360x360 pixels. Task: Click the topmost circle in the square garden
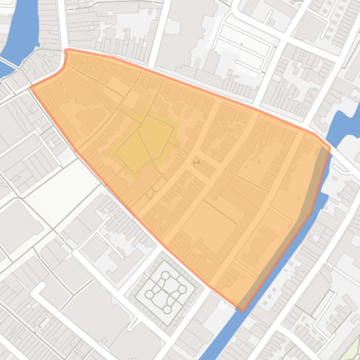pyautogui.click(x=166, y=275)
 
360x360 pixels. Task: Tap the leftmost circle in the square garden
pyautogui.click(x=149, y=294)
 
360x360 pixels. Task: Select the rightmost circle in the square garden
pyautogui.click(x=182, y=289)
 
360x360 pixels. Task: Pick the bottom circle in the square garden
pyautogui.click(x=167, y=309)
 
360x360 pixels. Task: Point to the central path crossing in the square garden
pyautogui.click(x=166, y=292)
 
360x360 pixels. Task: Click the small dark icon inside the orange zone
pyautogui.click(x=196, y=162)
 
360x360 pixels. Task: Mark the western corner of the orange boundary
pyautogui.click(x=31, y=87)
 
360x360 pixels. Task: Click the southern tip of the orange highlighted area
pyautogui.click(x=242, y=310)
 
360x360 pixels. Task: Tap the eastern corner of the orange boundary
pyautogui.click(x=330, y=148)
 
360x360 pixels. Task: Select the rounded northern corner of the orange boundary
pyautogui.click(x=67, y=50)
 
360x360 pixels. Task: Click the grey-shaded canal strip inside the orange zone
pyautogui.click(x=299, y=220)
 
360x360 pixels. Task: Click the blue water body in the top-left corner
pyautogui.click(x=23, y=28)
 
